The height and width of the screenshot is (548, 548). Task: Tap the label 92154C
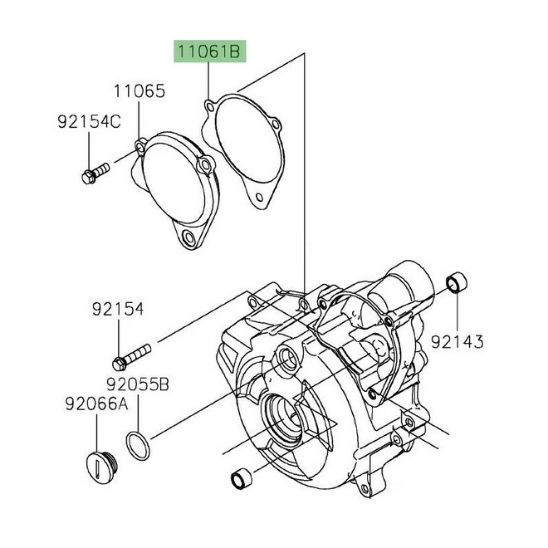[x=89, y=123]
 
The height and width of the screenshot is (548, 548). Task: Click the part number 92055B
[x=137, y=384]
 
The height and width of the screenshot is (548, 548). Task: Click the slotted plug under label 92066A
[x=100, y=461]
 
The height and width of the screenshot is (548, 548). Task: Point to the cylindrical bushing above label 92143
[x=456, y=285]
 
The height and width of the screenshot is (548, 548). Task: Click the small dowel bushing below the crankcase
[x=241, y=479]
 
